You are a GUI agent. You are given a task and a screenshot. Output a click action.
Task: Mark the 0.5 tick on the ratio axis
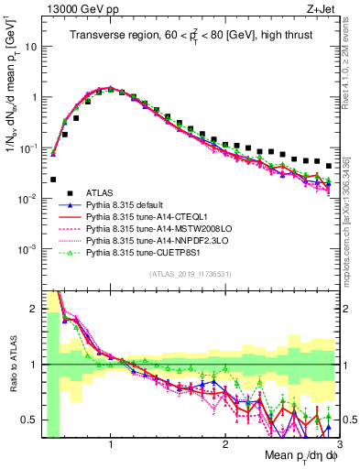pyautogui.click(x=31, y=420)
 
